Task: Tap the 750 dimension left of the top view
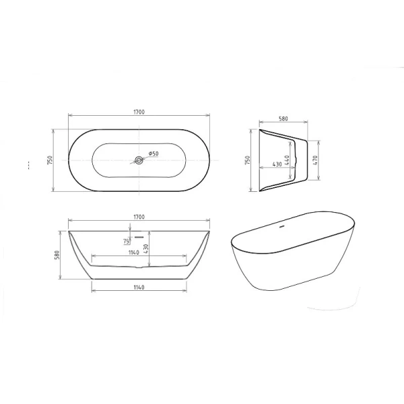coord(52,160)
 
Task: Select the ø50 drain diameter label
coord(153,154)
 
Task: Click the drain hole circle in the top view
coord(139,160)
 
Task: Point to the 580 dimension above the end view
coord(283,119)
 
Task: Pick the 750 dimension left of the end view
coord(248,161)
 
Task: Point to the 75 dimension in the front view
coord(126,241)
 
